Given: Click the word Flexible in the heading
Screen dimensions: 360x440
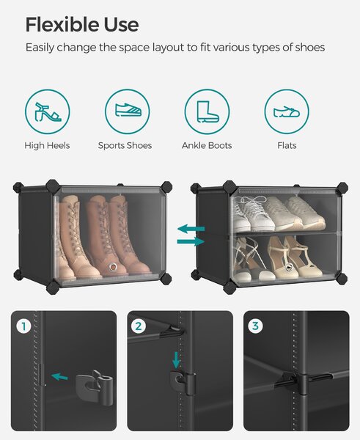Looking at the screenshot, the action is (x=62, y=24).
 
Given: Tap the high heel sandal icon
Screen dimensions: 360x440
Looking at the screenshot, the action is (x=48, y=111).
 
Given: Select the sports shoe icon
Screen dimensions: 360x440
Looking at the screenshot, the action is (x=128, y=109).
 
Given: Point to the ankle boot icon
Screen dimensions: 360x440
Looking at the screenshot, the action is (x=207, y=111).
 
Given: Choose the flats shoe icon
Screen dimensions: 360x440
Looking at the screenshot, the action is (x=287, y=112).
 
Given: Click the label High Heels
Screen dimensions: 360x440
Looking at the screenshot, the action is (x=47, y=145).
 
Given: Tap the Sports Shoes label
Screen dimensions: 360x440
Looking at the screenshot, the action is (x=125, y=145).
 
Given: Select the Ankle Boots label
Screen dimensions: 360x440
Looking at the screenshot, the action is (x=207, y=145).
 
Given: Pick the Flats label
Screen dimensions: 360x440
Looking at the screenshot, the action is (x=287, y=145).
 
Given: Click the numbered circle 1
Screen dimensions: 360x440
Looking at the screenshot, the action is (x=23, y=326).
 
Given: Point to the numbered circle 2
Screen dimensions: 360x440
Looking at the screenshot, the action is (x=139, y=326).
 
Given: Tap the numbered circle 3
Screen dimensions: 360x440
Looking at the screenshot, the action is (x=255, y=326).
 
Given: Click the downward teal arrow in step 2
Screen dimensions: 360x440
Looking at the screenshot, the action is (x=176, y=360).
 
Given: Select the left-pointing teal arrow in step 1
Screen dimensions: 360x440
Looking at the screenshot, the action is (x=59, y=377).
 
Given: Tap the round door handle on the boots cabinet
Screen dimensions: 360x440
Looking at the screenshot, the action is (x=114, y=266).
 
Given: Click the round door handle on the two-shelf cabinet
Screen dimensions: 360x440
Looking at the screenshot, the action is (x=289, y=267).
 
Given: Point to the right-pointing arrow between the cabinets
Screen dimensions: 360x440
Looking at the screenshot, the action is (x=191, y=241).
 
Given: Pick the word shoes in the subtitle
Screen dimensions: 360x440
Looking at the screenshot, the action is (x=309, y=47).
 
